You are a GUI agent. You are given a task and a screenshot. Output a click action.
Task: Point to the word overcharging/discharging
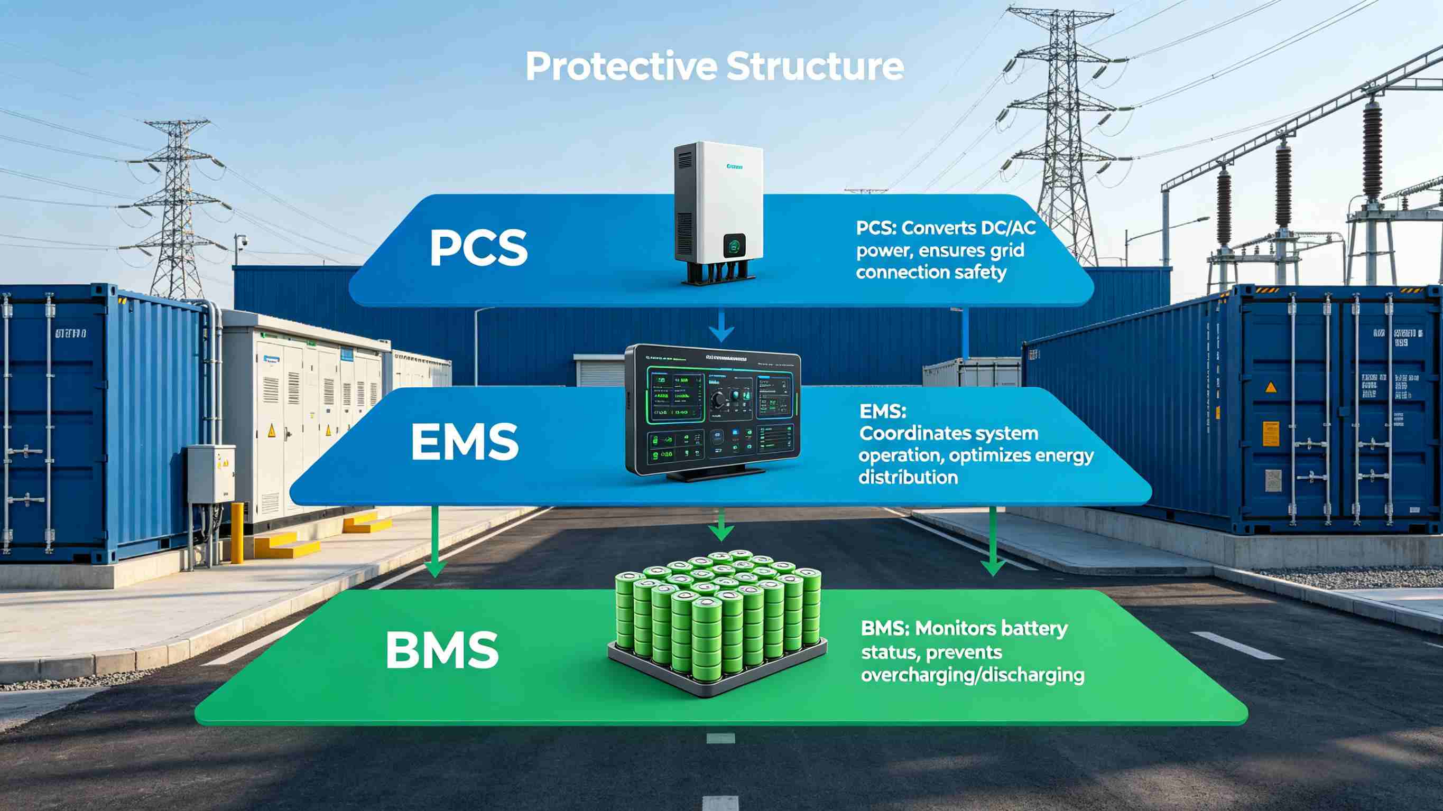[x=972, y=674]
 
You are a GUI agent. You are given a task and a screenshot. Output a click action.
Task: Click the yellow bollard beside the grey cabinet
[x=237, y=532]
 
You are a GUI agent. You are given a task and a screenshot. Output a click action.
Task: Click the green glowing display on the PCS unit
[x=732, y=260]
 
